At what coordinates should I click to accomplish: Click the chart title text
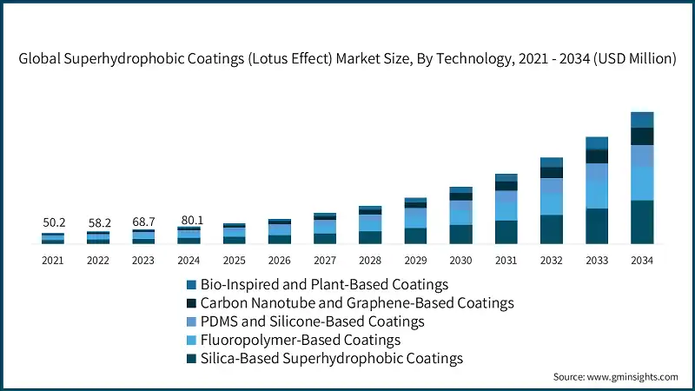(x=347, y=59)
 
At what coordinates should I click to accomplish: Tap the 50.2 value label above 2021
(x=54, y=223)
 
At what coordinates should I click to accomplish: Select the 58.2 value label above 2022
(x=99, y=223)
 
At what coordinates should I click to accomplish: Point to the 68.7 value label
(x=144, y=222)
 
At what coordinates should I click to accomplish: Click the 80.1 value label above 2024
(x=189, y=221)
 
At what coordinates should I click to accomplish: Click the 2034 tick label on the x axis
(x=642, y=260)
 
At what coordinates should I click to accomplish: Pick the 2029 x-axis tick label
(x=415, y=260)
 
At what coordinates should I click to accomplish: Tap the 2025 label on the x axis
(x=235, y=260)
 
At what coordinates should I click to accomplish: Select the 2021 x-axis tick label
(x=54, y=260)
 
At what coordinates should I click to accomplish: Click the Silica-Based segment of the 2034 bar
(x=642, y=222)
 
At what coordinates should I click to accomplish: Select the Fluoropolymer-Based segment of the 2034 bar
(x=642, y=183)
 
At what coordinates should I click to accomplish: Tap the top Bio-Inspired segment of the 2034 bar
(x=642, y=120)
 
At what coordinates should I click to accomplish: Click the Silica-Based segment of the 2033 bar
(x=597, y=226)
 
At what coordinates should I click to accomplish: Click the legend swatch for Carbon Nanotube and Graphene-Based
(x=190, y=303)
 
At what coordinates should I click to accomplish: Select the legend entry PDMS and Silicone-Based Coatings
(x=312, y=321)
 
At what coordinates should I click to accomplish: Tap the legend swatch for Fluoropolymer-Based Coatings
(x=190, y=340)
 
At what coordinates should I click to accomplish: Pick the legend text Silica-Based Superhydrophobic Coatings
(x=331, y=358)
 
